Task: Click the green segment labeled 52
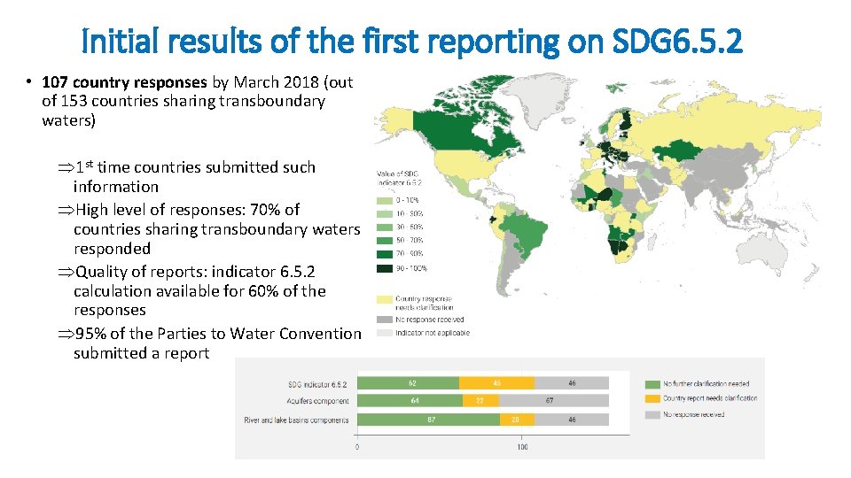[409, 383]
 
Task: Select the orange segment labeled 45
[496, 383]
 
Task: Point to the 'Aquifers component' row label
[315, 402]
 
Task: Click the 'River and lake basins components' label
[296, 420]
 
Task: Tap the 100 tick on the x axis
[522, 447]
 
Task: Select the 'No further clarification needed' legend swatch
[652, 383]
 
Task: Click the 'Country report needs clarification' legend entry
[709, 398]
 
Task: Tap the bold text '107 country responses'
[124, 82]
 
